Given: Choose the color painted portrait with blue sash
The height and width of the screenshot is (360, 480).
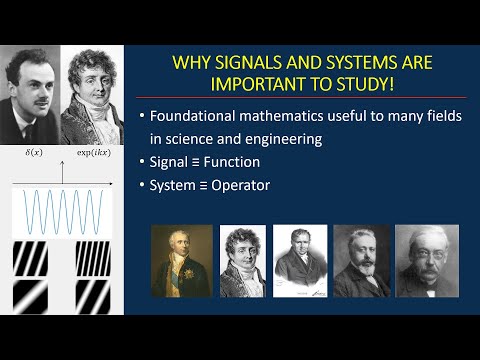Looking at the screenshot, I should (182, 261).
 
